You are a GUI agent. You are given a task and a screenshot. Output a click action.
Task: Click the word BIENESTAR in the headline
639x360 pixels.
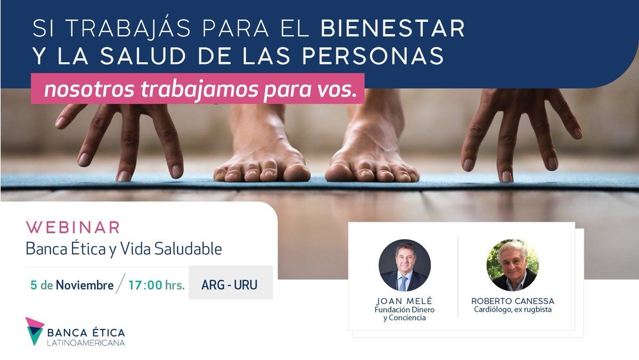pos(393,28)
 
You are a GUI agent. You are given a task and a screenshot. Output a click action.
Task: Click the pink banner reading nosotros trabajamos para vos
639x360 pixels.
pos(198,88)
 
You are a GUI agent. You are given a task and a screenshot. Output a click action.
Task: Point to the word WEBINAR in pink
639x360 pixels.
pos(73,227)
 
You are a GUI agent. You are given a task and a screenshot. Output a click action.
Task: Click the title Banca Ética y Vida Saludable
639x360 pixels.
pos(124,249)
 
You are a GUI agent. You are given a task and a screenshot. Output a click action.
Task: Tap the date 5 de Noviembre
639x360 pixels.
pos(72,285)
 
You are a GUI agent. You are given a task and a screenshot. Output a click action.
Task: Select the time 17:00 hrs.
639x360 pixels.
pos(157,285)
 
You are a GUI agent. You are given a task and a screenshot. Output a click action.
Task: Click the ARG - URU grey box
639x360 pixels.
pos(231,283)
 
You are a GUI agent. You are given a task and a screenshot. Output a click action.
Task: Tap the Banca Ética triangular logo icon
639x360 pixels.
pos(34,331)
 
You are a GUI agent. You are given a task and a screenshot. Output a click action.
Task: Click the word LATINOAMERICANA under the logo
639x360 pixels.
pos(86,343)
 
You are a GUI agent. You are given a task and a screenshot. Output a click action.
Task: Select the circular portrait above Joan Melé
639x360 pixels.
pos(405,265)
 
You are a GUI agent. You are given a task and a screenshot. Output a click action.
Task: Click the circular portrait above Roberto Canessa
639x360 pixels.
pos(512,265)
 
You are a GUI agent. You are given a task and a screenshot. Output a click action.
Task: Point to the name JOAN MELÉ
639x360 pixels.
pos(405,301)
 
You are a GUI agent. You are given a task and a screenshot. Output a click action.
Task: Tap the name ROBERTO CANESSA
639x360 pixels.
pos(513,301)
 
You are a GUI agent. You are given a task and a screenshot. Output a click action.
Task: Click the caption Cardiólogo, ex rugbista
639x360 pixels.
pos(513,309)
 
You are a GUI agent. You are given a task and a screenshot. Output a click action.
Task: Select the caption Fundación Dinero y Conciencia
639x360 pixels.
pos(405,314)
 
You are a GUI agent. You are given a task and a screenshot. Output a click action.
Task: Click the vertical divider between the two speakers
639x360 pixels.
pos(458,277)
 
